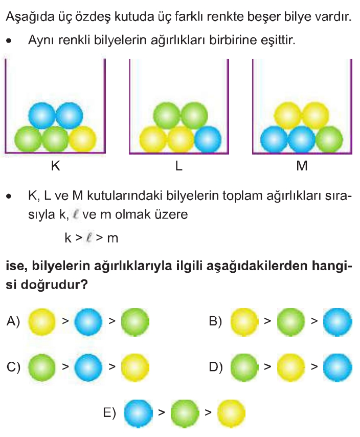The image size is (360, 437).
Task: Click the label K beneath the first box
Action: click(55, 166)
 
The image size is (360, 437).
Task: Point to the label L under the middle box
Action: click(179, 166)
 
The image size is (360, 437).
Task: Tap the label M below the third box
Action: click(302, 166)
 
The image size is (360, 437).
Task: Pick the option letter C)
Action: click(13, 367)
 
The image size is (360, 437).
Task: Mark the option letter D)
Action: click(216, 367)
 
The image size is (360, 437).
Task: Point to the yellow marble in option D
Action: click(291, 367)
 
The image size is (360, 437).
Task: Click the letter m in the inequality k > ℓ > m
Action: click(112, 238)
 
